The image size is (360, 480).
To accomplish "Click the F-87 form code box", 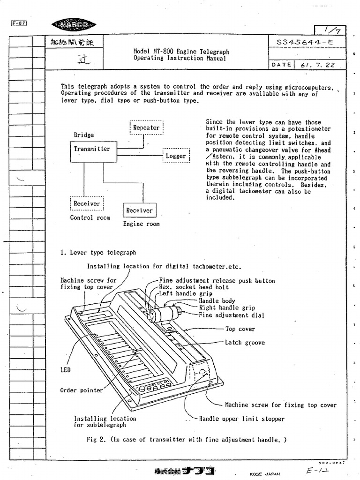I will (x=18, y=24).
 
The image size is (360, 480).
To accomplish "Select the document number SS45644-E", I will (x=305, y=42).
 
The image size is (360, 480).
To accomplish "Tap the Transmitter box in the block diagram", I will (x=91, y=149).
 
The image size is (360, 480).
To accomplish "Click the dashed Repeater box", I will (x=146, y=127).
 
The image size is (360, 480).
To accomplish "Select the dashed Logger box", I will (x=176, y=156).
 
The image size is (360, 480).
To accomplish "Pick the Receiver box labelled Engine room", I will (x=139, y=210).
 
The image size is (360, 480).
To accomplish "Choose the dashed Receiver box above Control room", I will (x=87, y=203).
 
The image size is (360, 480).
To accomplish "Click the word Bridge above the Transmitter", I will (x=83, y=135).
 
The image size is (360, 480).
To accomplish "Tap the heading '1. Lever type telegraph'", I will (x=98, y=253).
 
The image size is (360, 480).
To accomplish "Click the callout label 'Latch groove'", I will (x=245, y=343).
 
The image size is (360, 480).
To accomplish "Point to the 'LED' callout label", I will (x=65, y=370).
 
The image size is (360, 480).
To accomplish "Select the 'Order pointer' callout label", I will (x=81, y=390).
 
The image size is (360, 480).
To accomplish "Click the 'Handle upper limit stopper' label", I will (x=241, y=419).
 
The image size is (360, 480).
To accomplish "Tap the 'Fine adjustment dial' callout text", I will (x=231, y=315).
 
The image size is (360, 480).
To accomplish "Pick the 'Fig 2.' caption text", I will (x=186, y=440).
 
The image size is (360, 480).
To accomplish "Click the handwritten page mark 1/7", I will (x=330, y=30).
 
